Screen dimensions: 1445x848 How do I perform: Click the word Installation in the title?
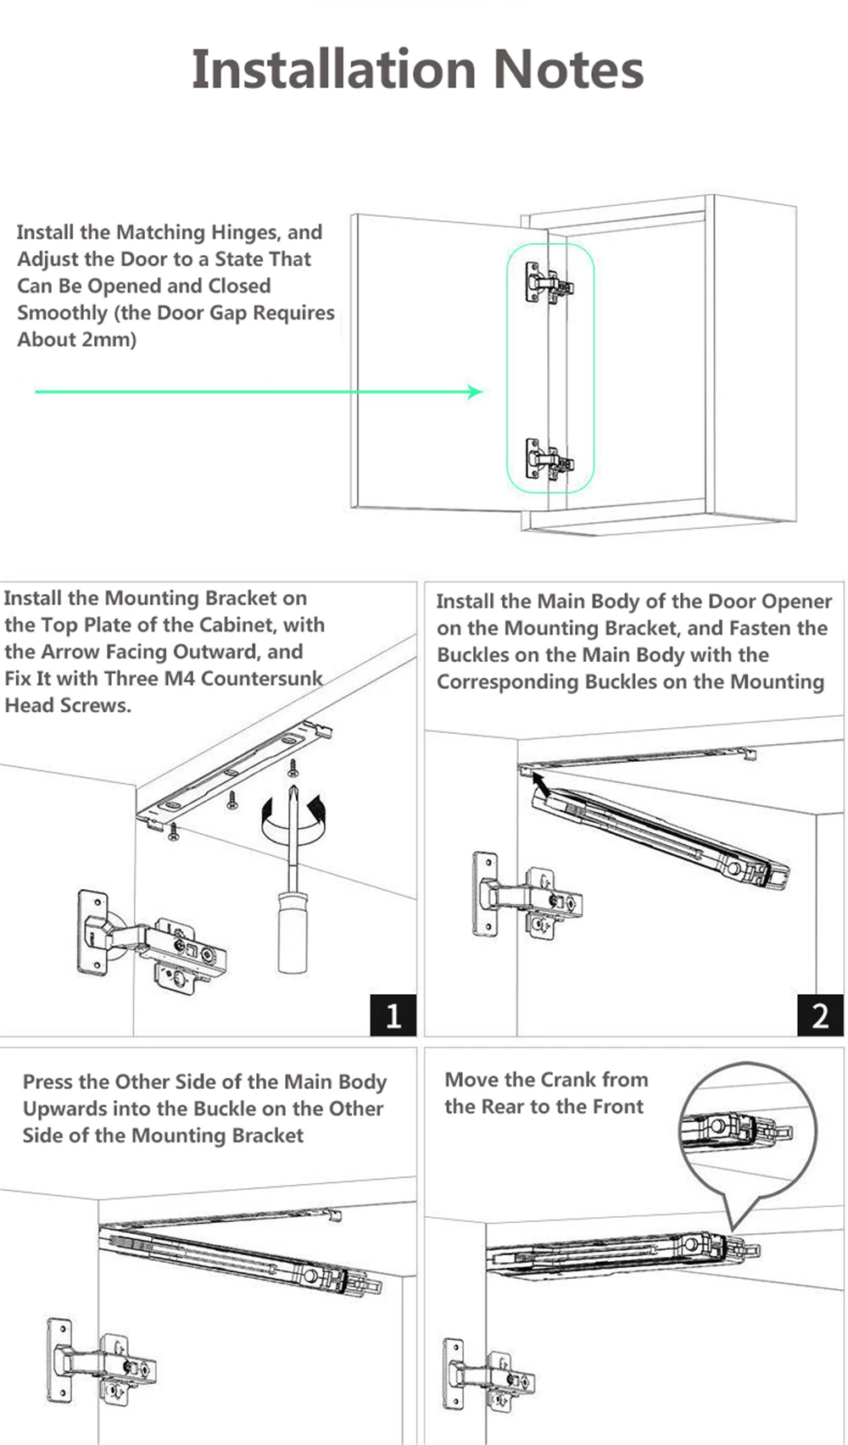click(332, 69)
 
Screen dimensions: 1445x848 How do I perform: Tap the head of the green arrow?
click(476, 391)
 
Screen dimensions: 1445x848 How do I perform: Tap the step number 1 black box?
click(393, 1014)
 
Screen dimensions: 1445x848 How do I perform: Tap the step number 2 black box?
click(820, 1014)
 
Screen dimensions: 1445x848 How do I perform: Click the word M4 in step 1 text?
click(177, 679)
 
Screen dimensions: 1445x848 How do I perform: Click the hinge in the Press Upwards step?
click(102, 1364)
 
